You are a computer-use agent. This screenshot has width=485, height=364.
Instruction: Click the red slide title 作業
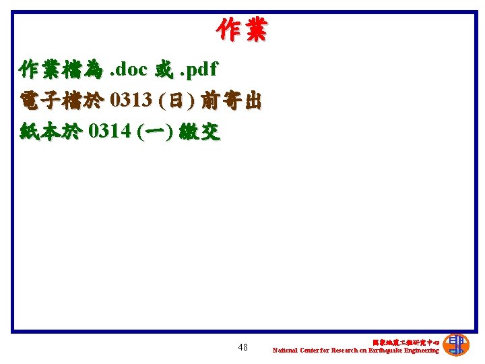pyautogui.click(x=242, y=30)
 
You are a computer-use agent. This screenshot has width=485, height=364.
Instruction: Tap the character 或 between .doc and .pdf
pyautogui.click(x=164, y=69)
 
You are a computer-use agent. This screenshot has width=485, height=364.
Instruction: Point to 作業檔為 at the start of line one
pyautogui.click(x=61, y=69)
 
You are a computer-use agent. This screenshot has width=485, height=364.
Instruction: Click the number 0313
pyautogui.click(x=131, y=100)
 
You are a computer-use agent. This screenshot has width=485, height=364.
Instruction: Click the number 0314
pyautogui.click(x=110, y=131)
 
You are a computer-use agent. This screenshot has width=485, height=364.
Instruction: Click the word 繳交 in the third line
pyautogui.click(x=200, y=131)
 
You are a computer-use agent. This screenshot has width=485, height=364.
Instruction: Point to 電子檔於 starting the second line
pyautogui.click(x=61, y=100)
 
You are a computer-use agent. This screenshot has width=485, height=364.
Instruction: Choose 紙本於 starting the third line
pyautogui.click(x=51, y=131)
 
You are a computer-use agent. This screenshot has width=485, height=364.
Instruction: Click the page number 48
pyautogui.click(x=243, y=348)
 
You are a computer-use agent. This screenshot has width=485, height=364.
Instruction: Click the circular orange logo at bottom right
pyautogui.click(x=457, y=344)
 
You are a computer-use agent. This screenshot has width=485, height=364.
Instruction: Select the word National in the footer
pyautogui.click(x=284, y=351)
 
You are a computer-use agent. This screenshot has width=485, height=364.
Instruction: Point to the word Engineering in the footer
pyautogui.click(x=420, y=351)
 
